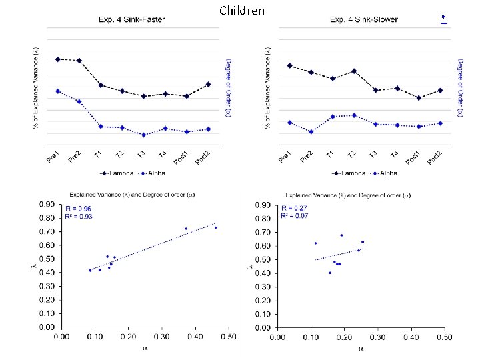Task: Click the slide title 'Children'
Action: pyautogui.click(x=241, y=11)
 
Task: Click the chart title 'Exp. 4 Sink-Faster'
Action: pyautogui.click(x=133, y=19)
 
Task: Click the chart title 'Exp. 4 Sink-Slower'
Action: pyautogui.click(x=363, y=19)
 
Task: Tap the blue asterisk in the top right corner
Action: pyautogui.click(x=444, y=17)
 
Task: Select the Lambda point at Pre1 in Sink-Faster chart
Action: pyautogui.click(x=57, y=59)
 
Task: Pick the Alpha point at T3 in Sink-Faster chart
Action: pyautogui.click(x=143, y=135)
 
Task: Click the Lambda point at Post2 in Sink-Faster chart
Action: pyautogui.click(x=208, y=84)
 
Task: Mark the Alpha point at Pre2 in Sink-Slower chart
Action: pyautogui.click(x=311, y=131)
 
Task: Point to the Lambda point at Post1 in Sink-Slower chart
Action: pyautogui.click(x=418, y=98)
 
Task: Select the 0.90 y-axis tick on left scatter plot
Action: pyautogui.click(x=45, y=205)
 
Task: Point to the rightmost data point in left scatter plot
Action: pyautogui.click(x=215, y=227)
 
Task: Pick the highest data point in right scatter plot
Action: pyautogui.click(x=341, y=235)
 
